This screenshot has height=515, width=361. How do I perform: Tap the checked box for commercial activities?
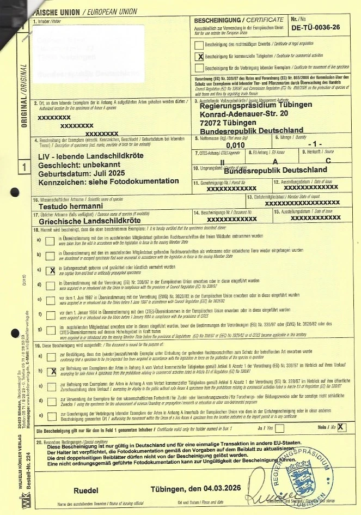[199, 56]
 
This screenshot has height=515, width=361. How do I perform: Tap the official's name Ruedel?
[85, 491]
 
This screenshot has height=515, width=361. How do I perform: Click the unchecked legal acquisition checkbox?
[199, 45]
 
